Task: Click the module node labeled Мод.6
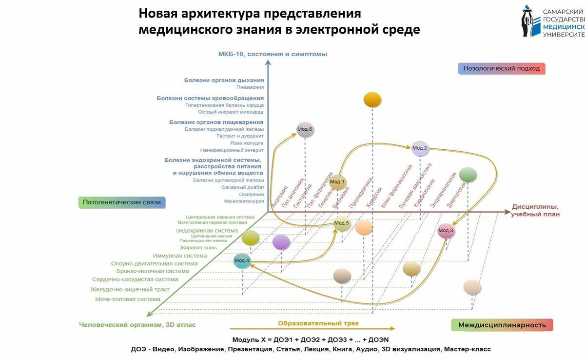coord(305,130)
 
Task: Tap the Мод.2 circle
coord(420,148)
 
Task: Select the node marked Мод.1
coord(337,182)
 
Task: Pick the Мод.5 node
coord(342,223)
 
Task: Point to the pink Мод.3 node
coord(446,230)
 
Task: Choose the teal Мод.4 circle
coord(242,261)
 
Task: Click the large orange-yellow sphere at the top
coord(372,100)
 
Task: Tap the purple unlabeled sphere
coord(281,242)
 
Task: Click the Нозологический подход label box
coord(501,68)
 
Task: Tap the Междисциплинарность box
coord(502,325)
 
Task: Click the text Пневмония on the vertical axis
coord(250,87)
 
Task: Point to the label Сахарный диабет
coord(243,187)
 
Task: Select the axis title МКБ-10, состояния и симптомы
coord(273,54)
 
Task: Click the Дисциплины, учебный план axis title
coord(535,210)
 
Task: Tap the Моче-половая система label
coord(128,299)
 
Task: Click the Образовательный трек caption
coord(318,323)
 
